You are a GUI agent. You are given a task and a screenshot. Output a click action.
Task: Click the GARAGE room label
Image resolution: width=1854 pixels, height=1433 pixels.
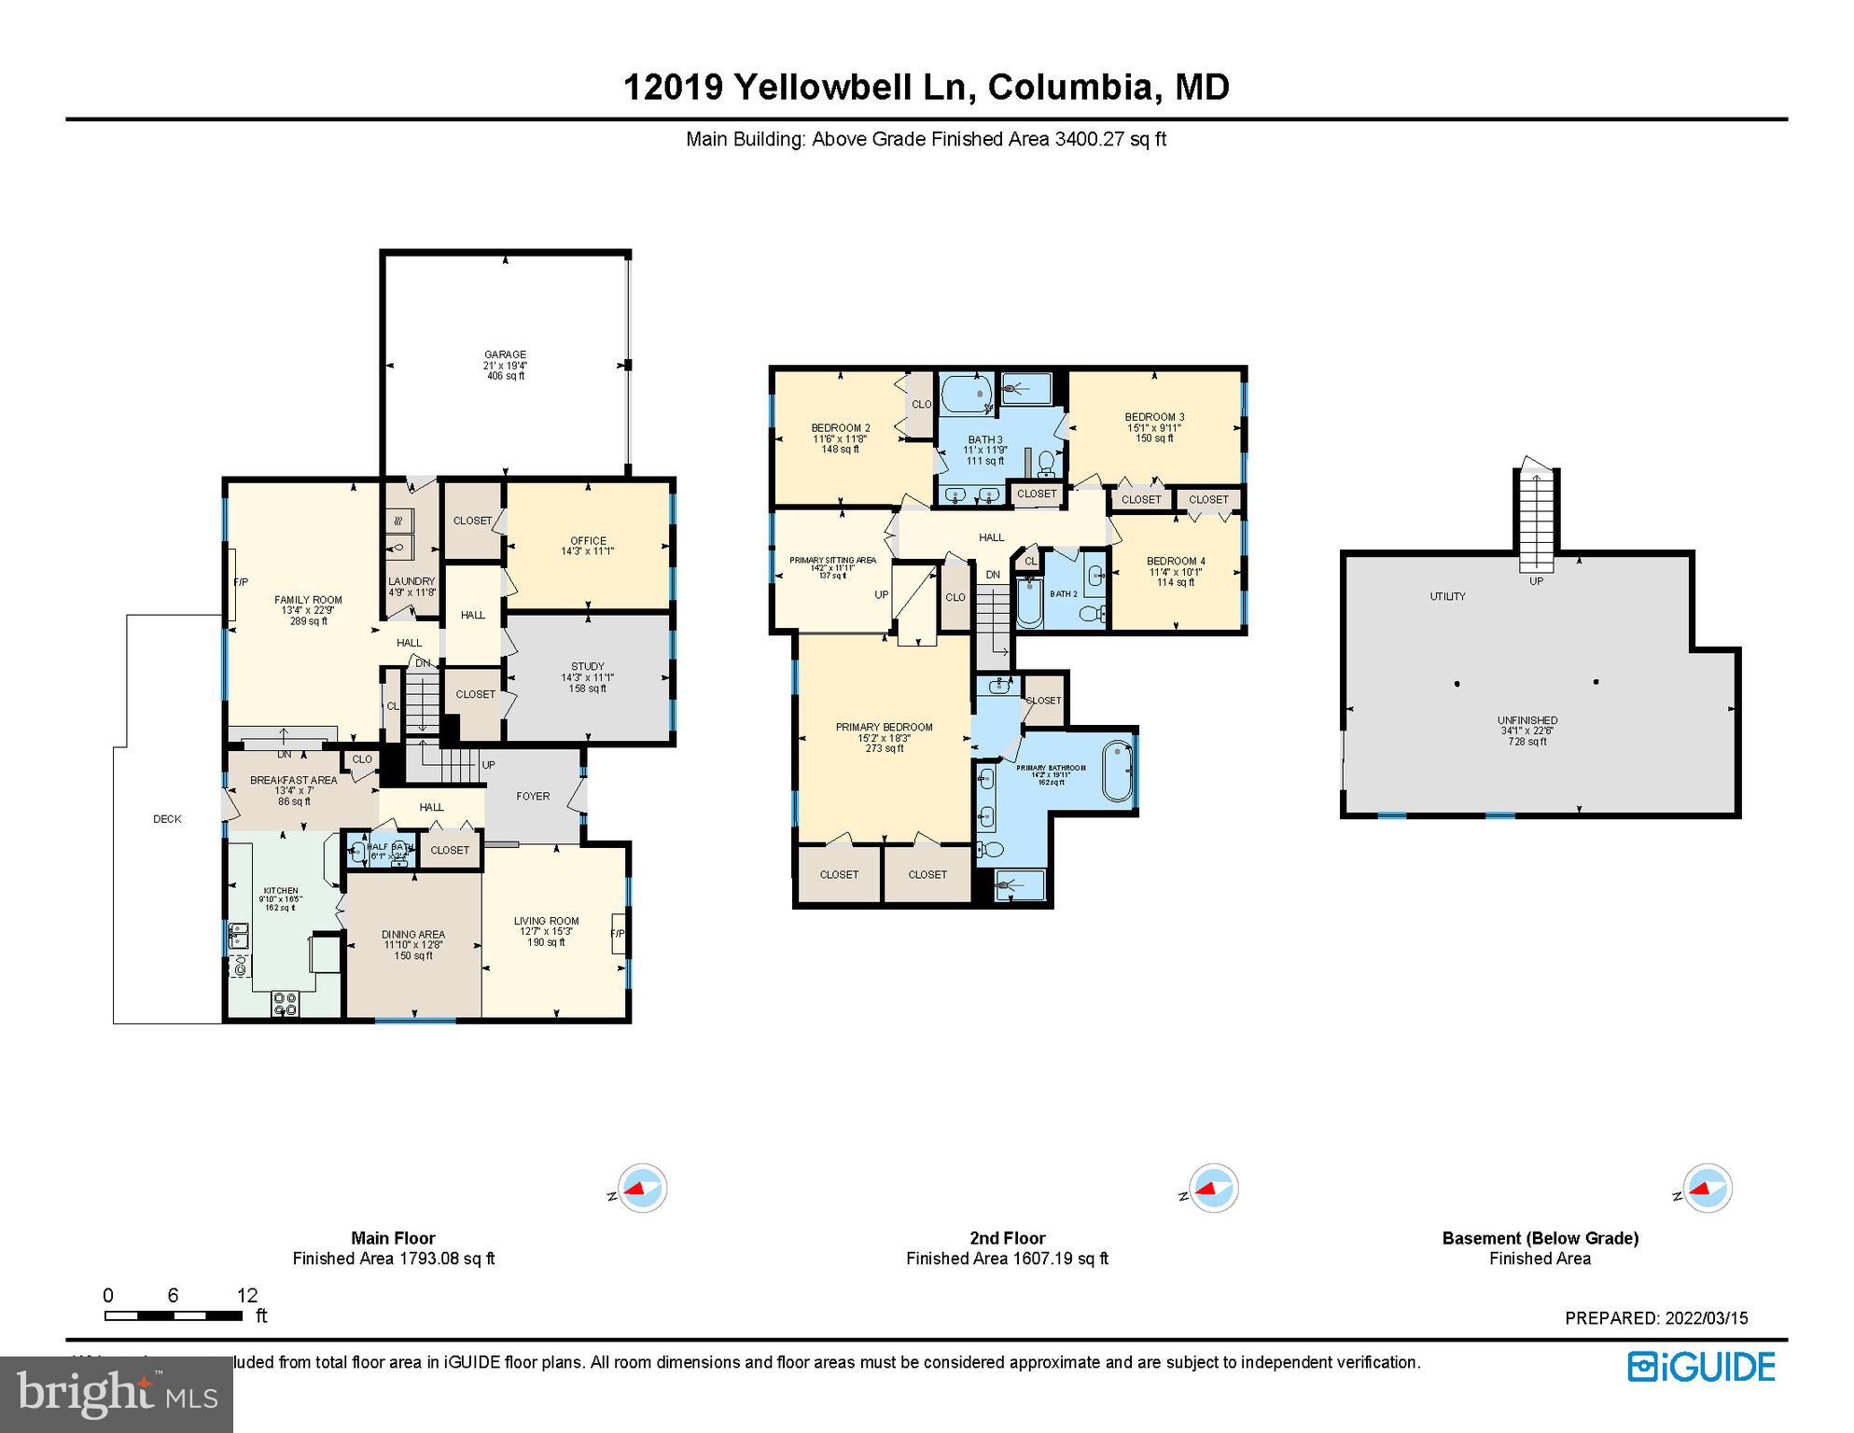(505, 355)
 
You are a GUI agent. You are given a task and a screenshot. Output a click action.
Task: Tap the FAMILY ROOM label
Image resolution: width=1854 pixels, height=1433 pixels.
(308, 600)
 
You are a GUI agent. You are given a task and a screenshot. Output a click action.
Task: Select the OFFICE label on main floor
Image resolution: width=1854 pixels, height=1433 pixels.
(588, 541)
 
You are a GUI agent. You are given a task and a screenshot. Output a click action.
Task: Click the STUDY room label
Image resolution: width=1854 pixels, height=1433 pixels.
(588, 666)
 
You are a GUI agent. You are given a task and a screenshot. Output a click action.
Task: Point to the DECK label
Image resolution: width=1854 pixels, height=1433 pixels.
(167, 819)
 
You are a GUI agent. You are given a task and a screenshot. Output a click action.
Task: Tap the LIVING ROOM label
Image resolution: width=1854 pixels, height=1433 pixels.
(547, 921)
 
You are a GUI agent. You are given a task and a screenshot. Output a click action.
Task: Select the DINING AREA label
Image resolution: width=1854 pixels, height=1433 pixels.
(413, 934)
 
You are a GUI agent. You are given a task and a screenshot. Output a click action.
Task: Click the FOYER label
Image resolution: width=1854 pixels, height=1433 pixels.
(533, 796)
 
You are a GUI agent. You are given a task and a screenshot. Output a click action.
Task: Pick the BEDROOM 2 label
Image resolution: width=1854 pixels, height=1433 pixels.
(841, 428)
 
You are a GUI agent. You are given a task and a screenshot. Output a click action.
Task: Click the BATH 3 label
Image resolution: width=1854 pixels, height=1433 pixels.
(985, 439)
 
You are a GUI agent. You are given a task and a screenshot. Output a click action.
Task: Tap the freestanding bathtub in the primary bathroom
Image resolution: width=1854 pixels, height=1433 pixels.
(1118, 772)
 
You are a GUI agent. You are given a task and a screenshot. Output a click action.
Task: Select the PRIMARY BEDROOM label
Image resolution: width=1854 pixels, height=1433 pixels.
(884, 727)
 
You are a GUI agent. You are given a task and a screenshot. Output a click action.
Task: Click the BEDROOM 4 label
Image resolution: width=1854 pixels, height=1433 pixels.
(1176, 562)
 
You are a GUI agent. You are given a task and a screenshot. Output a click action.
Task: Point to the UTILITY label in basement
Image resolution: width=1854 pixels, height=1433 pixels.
(1447, 596)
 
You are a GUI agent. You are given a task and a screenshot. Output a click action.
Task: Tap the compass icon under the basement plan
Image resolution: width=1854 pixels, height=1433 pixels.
(1707, 1189)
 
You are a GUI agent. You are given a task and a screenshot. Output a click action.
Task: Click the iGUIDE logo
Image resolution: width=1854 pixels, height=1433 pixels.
(1701, 1368)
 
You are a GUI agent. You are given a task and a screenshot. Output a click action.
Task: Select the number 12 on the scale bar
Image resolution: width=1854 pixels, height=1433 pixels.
(246, 1295)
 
